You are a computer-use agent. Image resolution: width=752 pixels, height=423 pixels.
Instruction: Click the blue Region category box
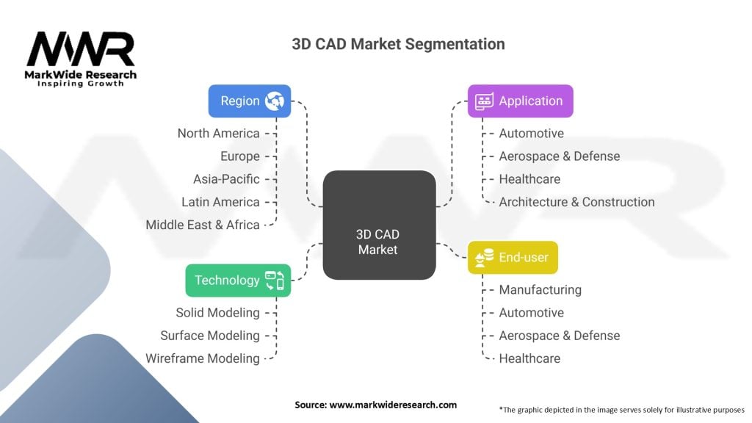point(250,101)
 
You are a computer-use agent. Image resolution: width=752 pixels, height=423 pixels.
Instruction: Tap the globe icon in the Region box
point(275,101)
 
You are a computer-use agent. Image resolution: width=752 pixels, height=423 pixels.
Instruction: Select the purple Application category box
point(521,101)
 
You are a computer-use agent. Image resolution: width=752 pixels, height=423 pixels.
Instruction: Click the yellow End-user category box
point(513,258)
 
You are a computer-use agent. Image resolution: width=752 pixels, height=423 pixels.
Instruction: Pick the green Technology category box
point(238,281)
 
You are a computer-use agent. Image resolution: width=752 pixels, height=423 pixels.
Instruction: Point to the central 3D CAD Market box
point(379,225)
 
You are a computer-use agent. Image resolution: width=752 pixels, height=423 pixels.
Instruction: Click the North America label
point(218,134)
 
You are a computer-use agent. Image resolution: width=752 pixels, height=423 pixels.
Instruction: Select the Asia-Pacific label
point(226,179)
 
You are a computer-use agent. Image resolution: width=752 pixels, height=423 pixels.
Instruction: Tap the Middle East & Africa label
point(203,225)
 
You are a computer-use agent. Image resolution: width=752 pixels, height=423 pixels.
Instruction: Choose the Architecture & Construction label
point(576,202)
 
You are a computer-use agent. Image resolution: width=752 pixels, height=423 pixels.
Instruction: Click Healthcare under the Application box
point(529,179)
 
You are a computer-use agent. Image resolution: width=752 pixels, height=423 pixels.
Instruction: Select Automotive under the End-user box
point(532,313)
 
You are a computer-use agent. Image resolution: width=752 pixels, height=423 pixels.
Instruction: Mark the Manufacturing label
point(540,289)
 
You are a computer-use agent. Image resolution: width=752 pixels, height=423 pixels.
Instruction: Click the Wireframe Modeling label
point(203,358)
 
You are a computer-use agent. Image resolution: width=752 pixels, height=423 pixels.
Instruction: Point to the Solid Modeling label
point(217,313)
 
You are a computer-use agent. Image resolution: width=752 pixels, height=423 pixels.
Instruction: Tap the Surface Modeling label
point(209,336)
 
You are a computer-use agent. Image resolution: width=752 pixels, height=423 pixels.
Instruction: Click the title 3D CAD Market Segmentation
point(398,44)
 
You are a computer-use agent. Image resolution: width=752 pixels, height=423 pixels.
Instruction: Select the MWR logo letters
point(81,48)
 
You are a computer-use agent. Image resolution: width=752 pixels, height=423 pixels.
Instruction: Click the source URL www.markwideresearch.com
point(393,405)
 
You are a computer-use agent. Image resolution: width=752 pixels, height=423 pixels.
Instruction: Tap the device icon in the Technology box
point(275,281)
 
